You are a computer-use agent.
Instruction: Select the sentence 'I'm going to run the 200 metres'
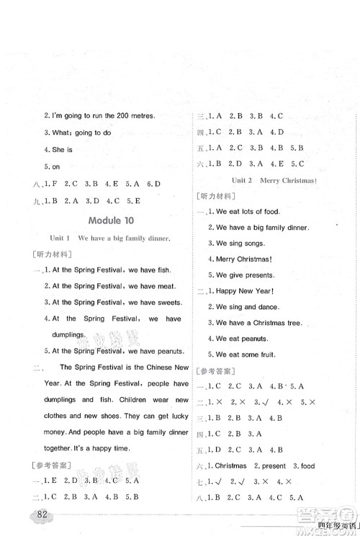(x=99, y=116)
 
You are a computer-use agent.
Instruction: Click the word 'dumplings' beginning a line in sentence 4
(x=63, y=335)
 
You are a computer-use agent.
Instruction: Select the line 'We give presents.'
(x=241, y=275)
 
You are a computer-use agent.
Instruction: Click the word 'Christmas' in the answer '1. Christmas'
(x=235, y=466)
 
